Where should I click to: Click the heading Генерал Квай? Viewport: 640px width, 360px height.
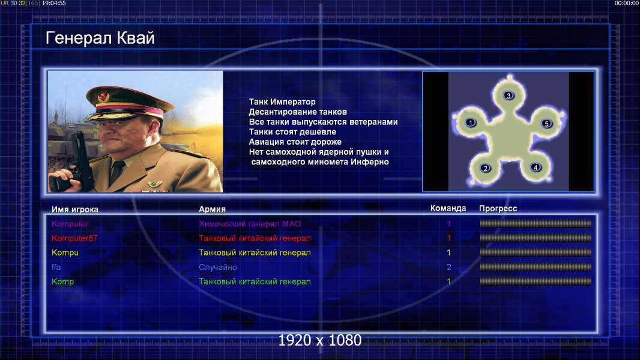100,38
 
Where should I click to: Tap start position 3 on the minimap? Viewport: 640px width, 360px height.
508,95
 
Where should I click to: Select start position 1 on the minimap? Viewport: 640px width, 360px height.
471,122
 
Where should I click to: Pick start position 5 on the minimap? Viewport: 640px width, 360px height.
546,124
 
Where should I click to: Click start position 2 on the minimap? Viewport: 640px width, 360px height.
485,168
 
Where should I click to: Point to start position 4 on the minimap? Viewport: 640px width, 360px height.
536,167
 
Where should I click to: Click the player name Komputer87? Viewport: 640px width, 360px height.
74,238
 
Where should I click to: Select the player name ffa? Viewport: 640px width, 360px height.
56,267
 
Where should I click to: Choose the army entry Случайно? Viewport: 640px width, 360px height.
217,267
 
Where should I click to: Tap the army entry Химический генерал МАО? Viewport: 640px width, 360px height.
250,223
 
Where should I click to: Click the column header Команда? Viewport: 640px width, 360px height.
448,208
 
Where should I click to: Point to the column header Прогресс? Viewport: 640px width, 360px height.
498,208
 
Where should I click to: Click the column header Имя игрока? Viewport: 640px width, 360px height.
74,209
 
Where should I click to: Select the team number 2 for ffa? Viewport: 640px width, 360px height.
448,267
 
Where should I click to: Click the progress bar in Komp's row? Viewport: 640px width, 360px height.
536,281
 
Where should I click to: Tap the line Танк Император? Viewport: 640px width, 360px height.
282,102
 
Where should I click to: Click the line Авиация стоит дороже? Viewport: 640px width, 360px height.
295,142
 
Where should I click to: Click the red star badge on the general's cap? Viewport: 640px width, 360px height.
103,96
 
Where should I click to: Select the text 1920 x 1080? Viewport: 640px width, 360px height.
319,340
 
